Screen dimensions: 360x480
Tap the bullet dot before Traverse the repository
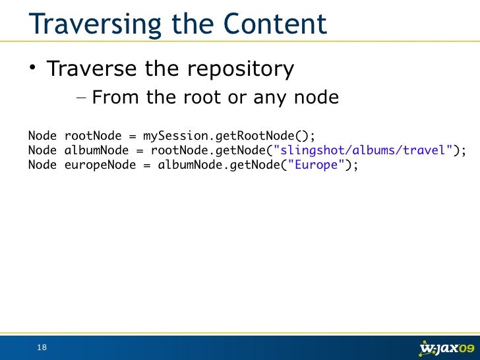[32, 69]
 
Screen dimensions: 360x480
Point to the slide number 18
[42, 347]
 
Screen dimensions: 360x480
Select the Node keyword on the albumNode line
[43, 150]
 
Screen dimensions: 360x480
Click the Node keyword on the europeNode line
[43, 165]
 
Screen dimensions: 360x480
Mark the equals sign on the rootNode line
[133, 136]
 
